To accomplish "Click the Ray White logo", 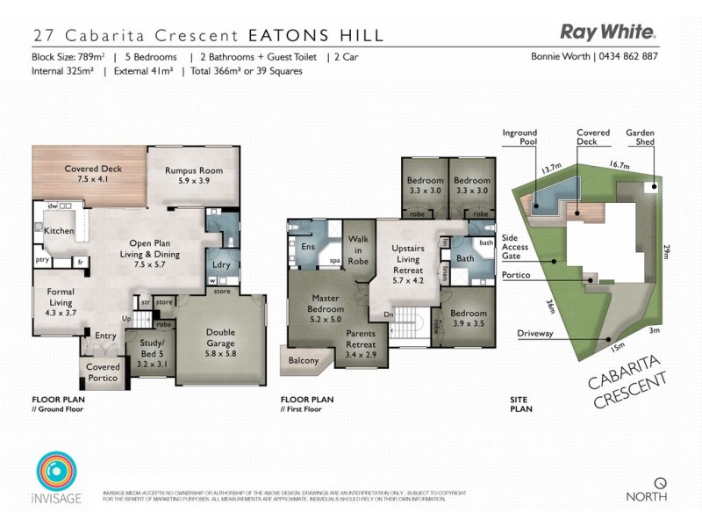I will [608, 32].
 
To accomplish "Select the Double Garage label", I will [219, 337].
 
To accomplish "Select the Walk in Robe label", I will [359, 249].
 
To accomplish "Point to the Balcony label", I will [303, 359].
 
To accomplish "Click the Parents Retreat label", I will [361, 338].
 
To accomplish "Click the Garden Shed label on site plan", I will [640, 138].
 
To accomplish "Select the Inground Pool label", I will [519, 138].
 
